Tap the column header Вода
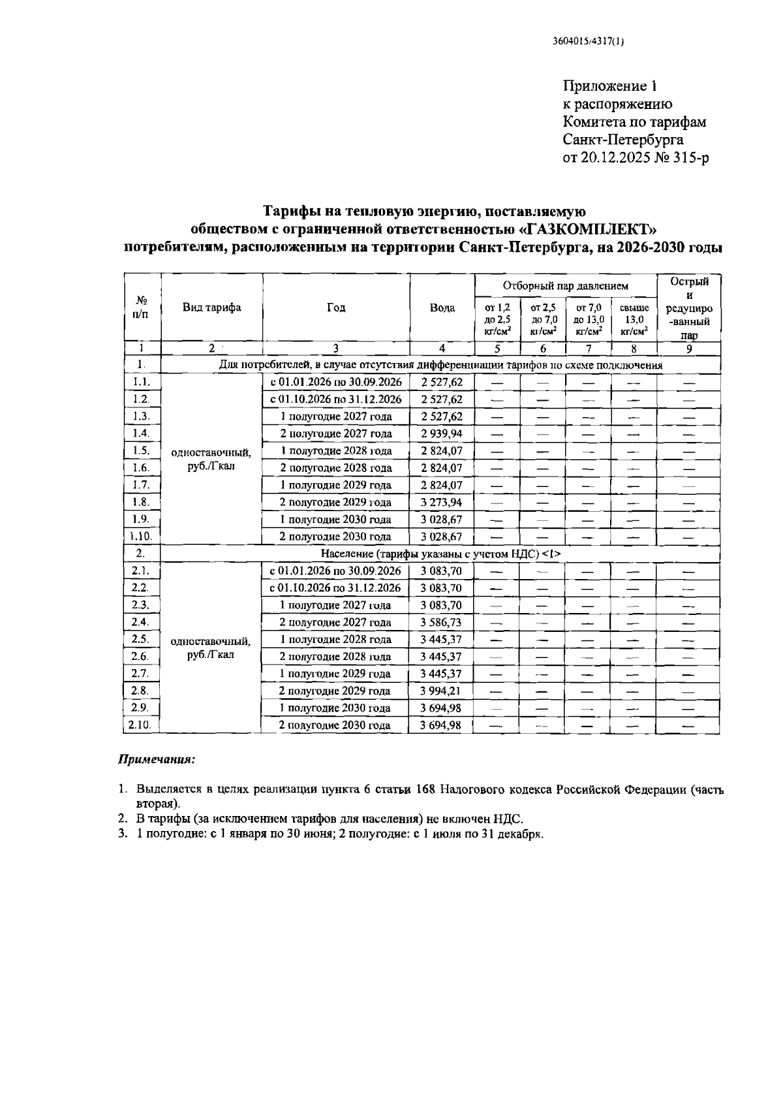442,308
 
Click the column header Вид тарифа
211,308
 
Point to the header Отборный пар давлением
565,285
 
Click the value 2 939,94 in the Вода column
442,433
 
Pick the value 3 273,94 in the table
442,502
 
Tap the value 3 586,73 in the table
442,622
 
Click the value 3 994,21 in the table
442,691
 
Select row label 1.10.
142,537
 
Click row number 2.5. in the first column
141,639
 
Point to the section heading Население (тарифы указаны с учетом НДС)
440,554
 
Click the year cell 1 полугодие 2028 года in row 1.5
335,451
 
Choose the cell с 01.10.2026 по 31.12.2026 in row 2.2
335,588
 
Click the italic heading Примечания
157,760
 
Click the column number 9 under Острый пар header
688,349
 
